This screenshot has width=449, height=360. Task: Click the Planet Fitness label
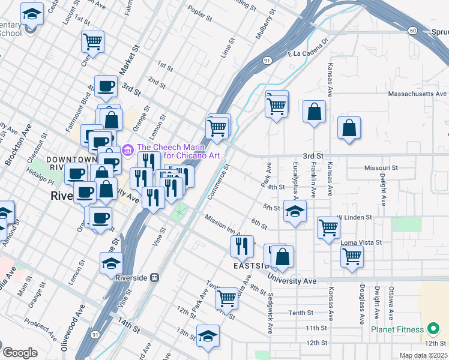pyautogui.click(x=397, y=329)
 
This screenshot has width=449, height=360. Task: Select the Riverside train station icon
pyautogui.click(x=155, y=277)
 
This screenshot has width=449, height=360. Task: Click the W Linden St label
pyautogui.click(x=355, y=216)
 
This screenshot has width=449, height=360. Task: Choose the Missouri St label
pyautogui.click(x=381, y=169)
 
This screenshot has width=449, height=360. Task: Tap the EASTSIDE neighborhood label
pyautogui.click(x=251, y=265)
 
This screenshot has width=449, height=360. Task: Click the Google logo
pyautogui.click(x=20, y=353)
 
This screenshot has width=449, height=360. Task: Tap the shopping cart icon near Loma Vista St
pyautogui.click(x=352, y=256)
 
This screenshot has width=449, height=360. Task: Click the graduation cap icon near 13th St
pyautogui.click(x=208, y=337)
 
